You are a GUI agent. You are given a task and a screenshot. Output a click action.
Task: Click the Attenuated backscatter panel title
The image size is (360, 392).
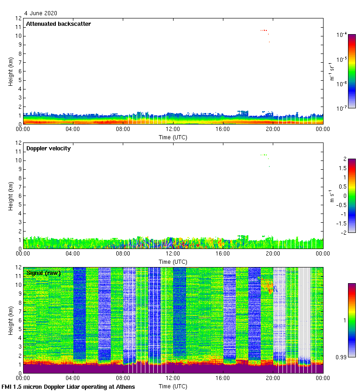[x=58, y=24]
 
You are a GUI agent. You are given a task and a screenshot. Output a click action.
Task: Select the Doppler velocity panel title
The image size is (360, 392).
[x=48, y=148]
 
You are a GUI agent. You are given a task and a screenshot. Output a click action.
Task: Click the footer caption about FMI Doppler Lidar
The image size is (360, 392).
[x=69, y=386]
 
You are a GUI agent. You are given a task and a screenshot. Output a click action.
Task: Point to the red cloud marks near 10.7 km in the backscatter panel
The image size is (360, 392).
[x=264, y=30]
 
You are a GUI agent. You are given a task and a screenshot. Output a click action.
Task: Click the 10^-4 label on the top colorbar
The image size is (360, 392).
[x=342, y=35]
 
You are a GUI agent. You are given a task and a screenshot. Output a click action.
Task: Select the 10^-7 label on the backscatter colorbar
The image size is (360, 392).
[x=342, y=108]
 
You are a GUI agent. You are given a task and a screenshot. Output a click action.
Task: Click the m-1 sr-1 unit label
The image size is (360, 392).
[x=332, y=71]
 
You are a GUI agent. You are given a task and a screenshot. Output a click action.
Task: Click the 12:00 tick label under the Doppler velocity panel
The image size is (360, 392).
[x=173, y=254]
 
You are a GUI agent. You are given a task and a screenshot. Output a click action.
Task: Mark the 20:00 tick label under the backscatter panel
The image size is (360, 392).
[x=273, y=129]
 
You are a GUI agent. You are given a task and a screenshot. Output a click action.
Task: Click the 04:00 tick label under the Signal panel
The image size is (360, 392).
[x=73, y=378]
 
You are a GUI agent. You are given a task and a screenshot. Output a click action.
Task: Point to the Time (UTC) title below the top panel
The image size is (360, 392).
[x=173, y=137]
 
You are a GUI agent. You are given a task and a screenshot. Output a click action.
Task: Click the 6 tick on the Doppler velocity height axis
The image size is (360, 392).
[x=19, y=196]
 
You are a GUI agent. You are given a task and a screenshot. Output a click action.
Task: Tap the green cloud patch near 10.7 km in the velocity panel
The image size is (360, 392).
[x=264, y=155]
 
